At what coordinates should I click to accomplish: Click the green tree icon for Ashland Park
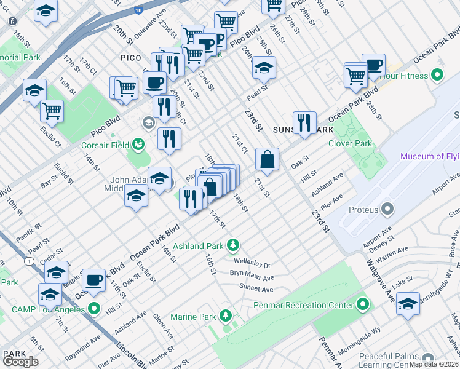pyautogui.click(x=232, y=246)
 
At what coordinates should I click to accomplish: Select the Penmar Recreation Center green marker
pyautogui.click(x=363, y=305)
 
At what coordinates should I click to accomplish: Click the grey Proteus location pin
pyautogui.click(x=387, y=210)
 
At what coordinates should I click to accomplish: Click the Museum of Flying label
pyautogui.click(x=429, y=156)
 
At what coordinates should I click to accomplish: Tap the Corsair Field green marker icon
pyautogui.click(x=138, y=145)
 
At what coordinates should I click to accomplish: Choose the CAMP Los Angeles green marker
pyautogui.click(x=93, y=307)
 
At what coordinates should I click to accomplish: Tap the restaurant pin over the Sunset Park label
pyautogui.click(x=304, y=122)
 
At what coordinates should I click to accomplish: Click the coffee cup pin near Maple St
pyautogui.click(x=93, y=280)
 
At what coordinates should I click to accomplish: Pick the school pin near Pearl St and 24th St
pyautogui.click(x=264, y=68)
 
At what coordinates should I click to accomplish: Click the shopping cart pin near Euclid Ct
pyautogui.click(x=52, y=111)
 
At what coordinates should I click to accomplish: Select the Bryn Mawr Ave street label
pyautogui.click(x=252, y=276)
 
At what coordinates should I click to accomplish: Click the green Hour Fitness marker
pyautogui.click(x=437, y=76)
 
